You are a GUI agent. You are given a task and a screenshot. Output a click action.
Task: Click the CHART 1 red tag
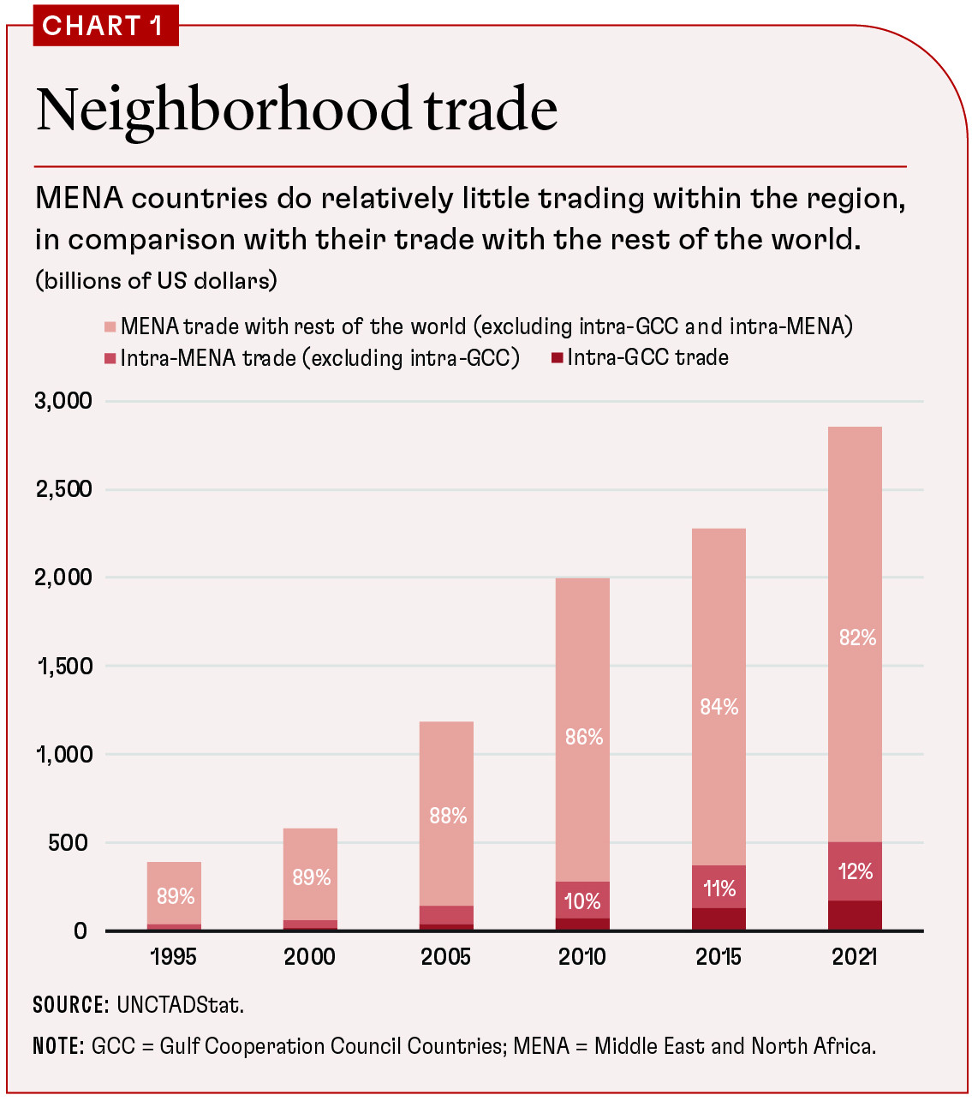click(x=103, y=26)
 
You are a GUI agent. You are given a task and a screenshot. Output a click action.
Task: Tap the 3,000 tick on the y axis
click(x=63, y=401)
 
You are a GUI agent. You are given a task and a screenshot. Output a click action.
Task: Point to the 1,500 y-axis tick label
click(x=65, y=666)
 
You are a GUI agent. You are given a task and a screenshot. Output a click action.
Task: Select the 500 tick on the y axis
click(x=69, y=842)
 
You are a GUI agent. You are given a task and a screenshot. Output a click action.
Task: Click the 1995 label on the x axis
click(x=174, y=956)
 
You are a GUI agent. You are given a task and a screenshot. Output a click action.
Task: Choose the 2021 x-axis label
click(x=855, y=956)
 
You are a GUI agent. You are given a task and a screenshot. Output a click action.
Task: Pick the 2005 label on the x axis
click(x=446, y=956)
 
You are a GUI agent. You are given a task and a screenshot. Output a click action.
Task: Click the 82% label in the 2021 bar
click(x=857, y=637)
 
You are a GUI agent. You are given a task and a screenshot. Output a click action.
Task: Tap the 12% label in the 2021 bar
click(x=856, y=871)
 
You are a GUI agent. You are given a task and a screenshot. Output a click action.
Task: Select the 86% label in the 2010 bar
click(x=584, y=737)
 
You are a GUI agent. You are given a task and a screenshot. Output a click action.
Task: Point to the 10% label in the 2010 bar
click(x=582, y=901)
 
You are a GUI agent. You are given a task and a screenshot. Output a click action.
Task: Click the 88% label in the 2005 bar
click(x=448, y=816)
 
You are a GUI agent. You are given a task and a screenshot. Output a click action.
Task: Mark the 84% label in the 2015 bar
click(x=719, y=707)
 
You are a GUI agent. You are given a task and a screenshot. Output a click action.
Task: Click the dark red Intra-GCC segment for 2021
click(x=855, y=915)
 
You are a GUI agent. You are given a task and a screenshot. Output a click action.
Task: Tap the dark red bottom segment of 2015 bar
click(x=719, y=918)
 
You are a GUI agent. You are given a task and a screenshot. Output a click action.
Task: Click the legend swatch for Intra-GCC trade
click(x=557, y=358)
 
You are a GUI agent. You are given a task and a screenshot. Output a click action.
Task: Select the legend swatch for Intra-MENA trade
click(x=110, y=358)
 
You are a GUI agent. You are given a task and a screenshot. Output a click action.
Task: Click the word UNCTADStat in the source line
click(x=180, y=1005)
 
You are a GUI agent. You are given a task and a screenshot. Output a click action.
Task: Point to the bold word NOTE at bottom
click(x=57, y=1046)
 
